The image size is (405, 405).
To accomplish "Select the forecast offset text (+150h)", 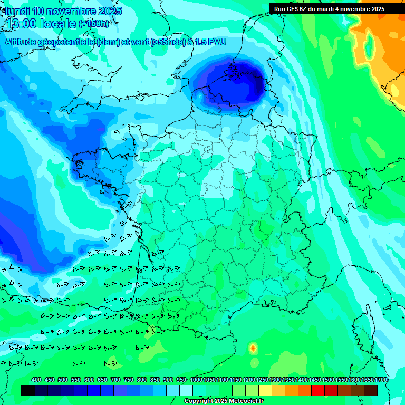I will click(x=94, y=23).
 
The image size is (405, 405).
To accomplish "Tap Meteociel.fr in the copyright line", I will click(x=243, y=401).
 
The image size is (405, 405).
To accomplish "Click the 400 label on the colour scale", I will click(x=36, y=380).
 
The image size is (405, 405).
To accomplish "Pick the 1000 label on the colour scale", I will click(x=196, y=380).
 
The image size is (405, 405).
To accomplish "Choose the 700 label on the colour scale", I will click(x=115, y=380).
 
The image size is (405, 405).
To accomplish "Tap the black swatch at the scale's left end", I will click(x=28, y=390).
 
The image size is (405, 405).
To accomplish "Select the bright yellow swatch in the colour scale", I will click(x=265, y=390).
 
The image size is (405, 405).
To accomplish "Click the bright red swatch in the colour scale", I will click(x=318, y=390).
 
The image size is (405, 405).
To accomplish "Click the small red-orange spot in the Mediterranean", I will click(x=253, y=348).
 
